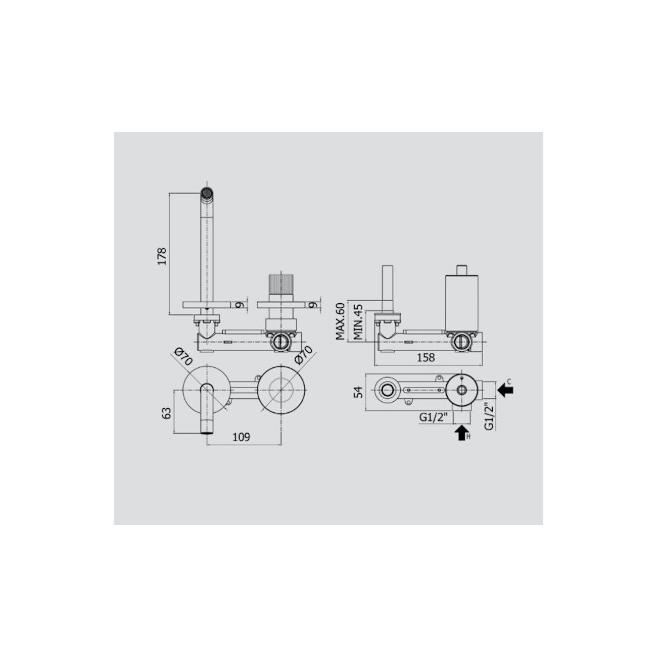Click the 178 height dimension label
tap(162, 257)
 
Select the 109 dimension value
tap(242, 437)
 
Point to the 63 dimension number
tap(165, 413)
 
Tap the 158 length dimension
tap(426, 358)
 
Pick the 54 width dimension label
tap(358, 392)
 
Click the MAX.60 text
tap(340, 321)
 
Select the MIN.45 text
tap(358, 321)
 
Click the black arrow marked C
tap(504, 390)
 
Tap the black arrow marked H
tap(461, 433)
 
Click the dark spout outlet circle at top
tap(207, 192)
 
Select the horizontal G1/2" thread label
tap(433, 417)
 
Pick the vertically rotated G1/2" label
tap(489, 416)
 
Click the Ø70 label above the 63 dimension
tap(183, 357)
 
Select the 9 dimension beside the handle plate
tap(313, 305)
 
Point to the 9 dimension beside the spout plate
tap(240, 305)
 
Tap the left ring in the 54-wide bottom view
tap(388, 390)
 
